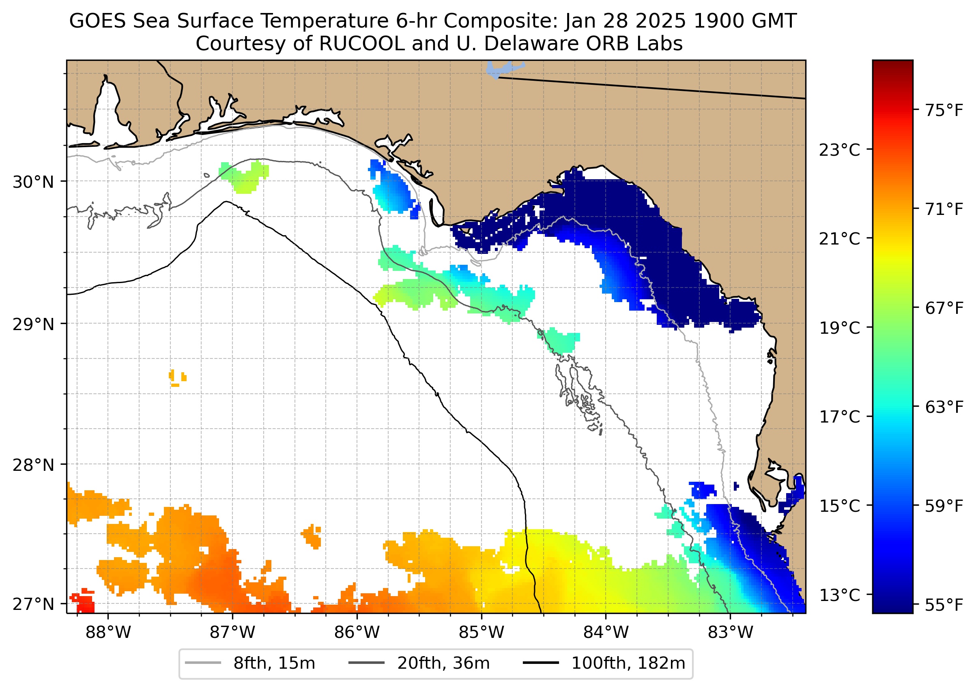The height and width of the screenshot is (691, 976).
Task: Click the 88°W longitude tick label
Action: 108,632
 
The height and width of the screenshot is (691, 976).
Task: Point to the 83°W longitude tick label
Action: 730,632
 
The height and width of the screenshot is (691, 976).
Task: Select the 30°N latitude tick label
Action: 33,182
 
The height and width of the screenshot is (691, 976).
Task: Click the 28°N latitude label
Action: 33,465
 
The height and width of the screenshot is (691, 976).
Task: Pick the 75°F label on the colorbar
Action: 944,110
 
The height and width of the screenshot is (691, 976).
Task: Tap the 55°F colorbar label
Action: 944,604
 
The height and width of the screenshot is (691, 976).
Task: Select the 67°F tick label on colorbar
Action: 944,308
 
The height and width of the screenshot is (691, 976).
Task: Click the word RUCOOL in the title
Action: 361,43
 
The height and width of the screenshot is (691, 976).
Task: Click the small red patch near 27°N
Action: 84,602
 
